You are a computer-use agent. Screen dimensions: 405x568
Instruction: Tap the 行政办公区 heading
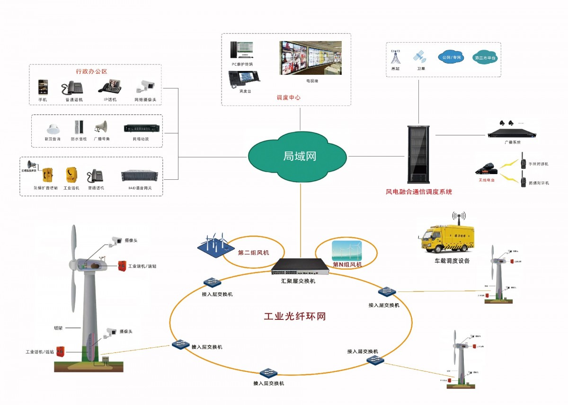[92, 71]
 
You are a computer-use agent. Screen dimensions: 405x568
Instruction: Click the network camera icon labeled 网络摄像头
[145, 86]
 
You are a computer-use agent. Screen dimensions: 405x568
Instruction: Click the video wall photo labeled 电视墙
[310, 58]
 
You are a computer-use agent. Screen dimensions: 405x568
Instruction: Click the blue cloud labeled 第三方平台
[485, 57]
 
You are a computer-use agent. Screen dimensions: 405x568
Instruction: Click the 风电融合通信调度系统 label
[419, 192]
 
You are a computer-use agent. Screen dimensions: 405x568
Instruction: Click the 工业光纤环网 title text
[294, 317]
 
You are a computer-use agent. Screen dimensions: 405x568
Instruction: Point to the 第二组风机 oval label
[253, 253]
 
